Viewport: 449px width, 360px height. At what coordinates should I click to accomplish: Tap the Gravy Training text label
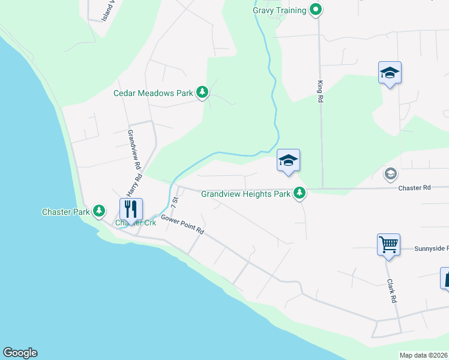tap(280, 10)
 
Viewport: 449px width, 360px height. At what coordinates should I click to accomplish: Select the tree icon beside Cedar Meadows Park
tap(203, 92)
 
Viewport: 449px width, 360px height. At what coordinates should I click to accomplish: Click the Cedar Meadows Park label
tap(153, 93)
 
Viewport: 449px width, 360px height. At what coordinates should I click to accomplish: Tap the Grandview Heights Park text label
tap(246, 194)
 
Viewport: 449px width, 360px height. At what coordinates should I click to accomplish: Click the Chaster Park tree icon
tap(99, 211)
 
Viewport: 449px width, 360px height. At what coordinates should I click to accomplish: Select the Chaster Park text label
tap(65, 212)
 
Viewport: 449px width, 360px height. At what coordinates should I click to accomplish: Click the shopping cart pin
tap(388, 244)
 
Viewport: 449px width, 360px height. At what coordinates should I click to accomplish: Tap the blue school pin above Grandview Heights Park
tap(288, 160)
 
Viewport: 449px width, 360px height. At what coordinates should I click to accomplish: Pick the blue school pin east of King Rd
tap(390, 73)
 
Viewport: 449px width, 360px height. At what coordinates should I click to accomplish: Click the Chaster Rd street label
tap(414, 188)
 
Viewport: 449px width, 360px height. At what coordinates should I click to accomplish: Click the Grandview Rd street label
tap(134, 149)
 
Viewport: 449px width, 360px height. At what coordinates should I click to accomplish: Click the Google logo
tap(20, 353)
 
